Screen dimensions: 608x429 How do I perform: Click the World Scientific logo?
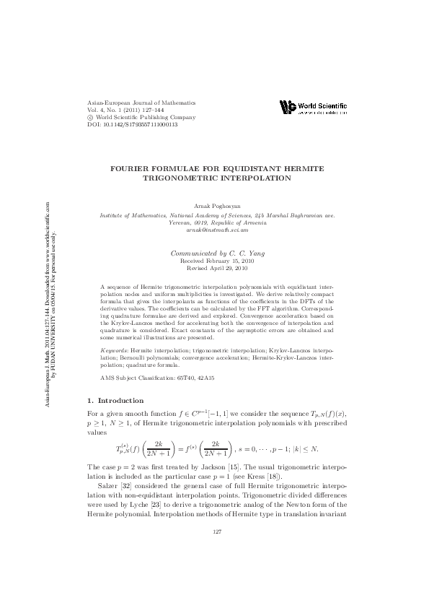[x=314, y=108]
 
